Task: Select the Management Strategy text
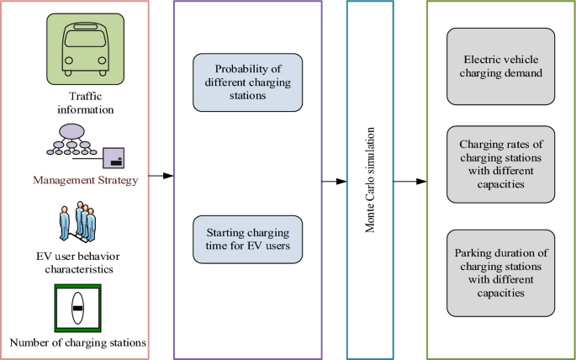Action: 85,179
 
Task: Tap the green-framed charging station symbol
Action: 77,309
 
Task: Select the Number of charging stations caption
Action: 77,342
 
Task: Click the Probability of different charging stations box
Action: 247,82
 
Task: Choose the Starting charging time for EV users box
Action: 247,239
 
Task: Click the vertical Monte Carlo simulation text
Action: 370,180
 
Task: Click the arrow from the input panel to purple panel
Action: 161,176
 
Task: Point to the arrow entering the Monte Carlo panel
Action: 335,180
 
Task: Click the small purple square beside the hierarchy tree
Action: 114,156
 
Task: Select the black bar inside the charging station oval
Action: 77,309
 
